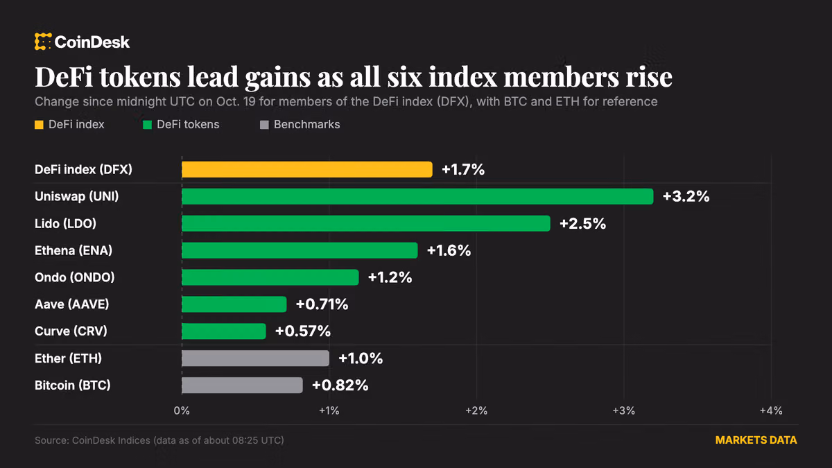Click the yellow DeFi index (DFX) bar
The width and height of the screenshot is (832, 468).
307,169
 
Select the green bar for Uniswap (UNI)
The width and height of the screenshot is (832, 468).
417,196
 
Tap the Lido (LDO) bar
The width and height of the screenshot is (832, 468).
366,223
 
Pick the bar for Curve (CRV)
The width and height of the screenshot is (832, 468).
224,331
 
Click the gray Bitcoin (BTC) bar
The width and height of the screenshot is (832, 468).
242,385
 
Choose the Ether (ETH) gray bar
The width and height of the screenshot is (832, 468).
256,358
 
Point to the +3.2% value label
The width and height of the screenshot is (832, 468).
686,196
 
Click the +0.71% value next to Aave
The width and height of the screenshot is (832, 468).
322,304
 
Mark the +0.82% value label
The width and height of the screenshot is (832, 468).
340,385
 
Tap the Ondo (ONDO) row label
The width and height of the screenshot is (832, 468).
75,277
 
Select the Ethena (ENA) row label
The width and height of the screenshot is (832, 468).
73,251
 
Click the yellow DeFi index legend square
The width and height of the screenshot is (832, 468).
39,125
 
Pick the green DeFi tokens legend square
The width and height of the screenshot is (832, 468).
147,125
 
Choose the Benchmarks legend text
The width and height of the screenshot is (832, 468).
306,124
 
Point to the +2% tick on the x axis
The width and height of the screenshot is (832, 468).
476,410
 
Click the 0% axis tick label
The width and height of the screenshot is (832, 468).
182,410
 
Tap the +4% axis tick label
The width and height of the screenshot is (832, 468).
771,410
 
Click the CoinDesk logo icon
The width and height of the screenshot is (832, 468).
43,42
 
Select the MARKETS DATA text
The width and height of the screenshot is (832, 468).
756,440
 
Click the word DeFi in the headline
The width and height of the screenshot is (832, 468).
64,77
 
